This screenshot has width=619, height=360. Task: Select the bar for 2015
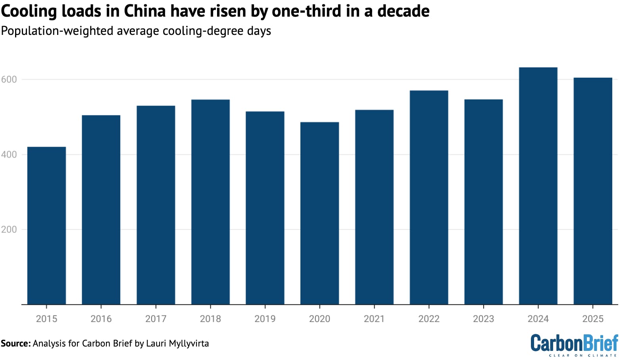pyautogui.click(x=46, y=226)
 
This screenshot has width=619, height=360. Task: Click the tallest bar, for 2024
pyautogui.click(x=538, y=186)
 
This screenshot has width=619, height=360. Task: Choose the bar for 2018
pyautogui.click(x=210, y=202)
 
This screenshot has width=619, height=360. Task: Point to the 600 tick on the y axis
pyautogui.click(x=9, y=79)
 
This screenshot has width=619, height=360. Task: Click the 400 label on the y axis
pyautogui.click(x=9, y=155)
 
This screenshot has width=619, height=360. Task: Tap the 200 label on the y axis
pyautogui.click(x=9, y=230)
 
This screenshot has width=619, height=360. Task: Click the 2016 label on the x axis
pyautogui.click(x=101, y=319)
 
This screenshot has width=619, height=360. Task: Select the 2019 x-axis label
pyautogui.click(x=265, y=319)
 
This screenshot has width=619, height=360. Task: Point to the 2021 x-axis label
pyautogui.click(x=374, y=319)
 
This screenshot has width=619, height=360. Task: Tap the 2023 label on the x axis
pyautogui.click(x=483, y=319)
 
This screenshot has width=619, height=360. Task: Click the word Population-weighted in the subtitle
pyautogui.click(x=58, y=31)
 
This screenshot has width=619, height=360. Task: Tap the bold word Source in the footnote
pyautogui.click(x=15, y=343)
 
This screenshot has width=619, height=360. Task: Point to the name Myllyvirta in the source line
pyautogui.click(x=188, y=343)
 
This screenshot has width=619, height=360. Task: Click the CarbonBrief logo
pyautogui.click(x=574, y=344)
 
